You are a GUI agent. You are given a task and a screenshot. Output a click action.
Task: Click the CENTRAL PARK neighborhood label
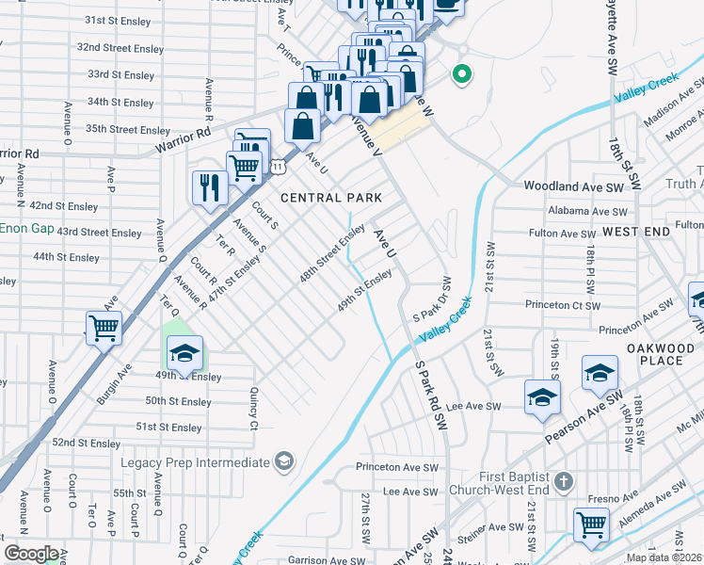pyautogui.click(x=331, y=198)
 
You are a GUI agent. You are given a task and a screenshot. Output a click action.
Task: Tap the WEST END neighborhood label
pyautogui.click(x=636, y=231)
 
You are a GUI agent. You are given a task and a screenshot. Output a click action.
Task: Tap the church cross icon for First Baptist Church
pyautogui.click(x=563, y=482)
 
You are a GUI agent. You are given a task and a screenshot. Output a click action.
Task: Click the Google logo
pyautogui.click(x=31, y=554)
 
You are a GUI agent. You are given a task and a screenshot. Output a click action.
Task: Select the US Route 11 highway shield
pyautogui.click(x=279, y=166)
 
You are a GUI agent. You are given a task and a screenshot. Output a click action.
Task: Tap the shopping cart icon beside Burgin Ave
pyautogui.click(x=104, y=329)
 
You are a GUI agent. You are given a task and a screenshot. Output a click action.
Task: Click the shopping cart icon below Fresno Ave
pyautogui.click(x=591, y=524)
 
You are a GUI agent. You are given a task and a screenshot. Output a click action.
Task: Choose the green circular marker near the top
pyautogui.click(x=461, y=73)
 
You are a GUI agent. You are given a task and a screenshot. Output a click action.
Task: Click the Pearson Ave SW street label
pyautogui.click(x=584, y=420)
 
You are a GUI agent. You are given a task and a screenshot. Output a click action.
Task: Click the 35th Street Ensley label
pyautogui.click(x=128, y=130)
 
